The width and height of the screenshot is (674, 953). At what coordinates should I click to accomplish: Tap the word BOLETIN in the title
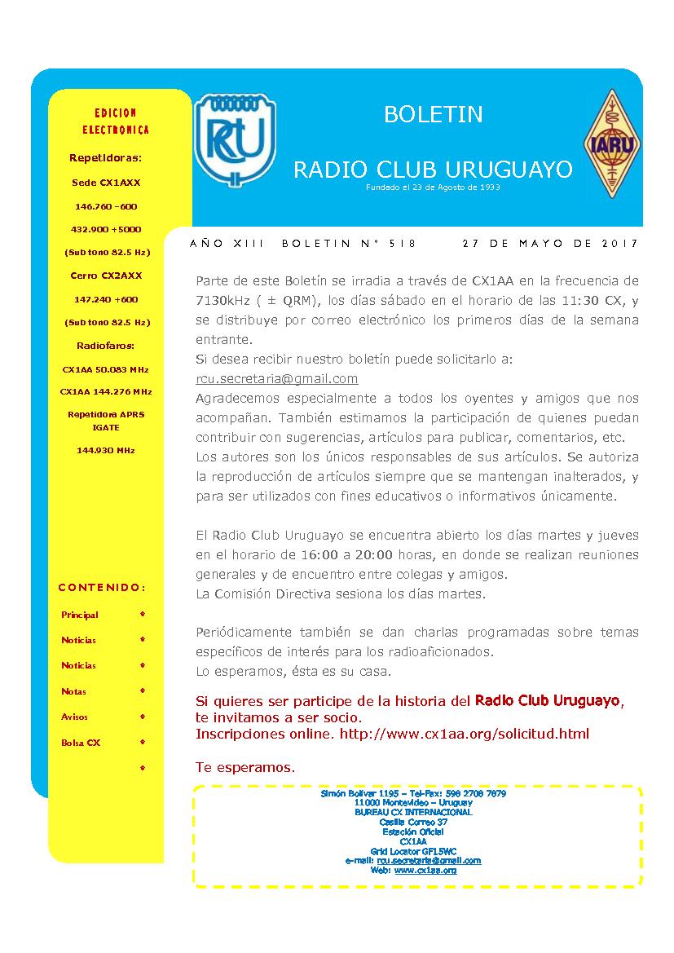click(433, 114)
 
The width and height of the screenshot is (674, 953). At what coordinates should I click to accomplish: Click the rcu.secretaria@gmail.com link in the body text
click(277, 378)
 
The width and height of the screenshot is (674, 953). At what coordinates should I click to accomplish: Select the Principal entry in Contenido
click(80, 615)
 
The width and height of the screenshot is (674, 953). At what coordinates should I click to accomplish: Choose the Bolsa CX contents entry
click(81, 743)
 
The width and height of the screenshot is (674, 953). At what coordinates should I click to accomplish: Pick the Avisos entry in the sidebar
click(75, 717)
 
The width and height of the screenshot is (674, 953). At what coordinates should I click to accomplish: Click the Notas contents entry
click(73, 691)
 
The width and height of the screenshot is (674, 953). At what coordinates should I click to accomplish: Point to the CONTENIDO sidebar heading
click(102, 587)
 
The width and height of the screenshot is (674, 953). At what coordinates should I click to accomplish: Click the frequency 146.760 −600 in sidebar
click(106, 206)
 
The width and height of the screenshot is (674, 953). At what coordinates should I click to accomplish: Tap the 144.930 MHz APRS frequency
click(106, 450)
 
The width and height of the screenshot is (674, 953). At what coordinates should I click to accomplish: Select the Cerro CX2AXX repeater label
click(106, 276)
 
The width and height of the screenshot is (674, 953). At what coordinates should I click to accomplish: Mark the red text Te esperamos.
click(245, 768)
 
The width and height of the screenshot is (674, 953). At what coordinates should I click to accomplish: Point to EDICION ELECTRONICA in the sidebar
click(116, 121)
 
